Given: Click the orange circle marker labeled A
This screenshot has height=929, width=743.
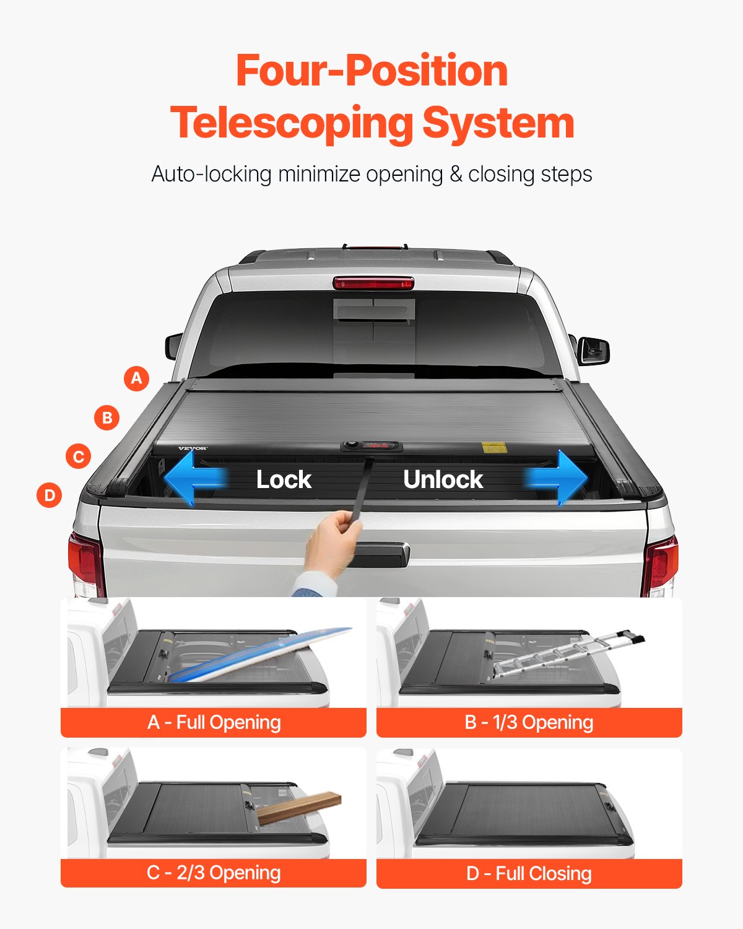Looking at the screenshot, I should tap(137, 378).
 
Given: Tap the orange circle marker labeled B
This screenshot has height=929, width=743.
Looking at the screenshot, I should tap(107, 417).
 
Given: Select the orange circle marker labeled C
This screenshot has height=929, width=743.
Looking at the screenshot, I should tap(79, 456).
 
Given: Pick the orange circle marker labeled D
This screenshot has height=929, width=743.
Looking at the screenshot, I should tap(50, 495).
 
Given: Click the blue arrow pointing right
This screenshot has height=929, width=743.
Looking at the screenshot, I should tap(557, 478).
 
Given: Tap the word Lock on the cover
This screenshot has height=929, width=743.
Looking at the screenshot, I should tap(284, 479).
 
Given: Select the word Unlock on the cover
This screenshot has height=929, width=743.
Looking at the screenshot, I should tap(443, 479).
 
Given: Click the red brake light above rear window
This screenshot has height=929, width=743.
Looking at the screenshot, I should tap(373, 284).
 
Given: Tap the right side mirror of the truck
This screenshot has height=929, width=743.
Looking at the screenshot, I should tap(593, 351).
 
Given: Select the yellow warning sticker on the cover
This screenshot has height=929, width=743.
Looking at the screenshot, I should tap(492, 447).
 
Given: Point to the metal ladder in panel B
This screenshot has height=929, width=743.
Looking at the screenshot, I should tap(567, 653).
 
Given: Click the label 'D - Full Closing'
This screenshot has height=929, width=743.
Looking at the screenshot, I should tap(529, 873).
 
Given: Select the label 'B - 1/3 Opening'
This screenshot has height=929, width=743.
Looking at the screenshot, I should tap(529, 722).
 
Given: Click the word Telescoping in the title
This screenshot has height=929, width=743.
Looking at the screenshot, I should tap(292, 123).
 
